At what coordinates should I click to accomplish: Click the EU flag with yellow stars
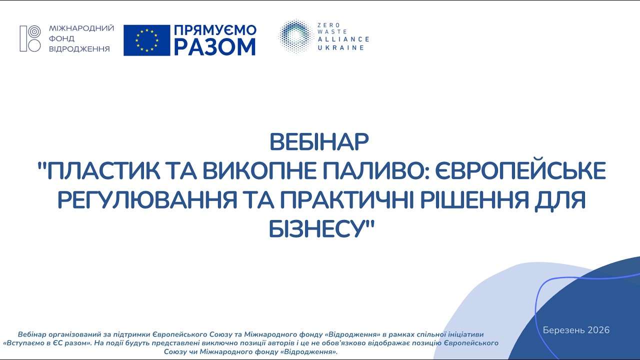point(147,40)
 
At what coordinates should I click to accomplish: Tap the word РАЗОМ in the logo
point(215,47)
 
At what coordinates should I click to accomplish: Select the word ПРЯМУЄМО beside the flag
point(215,30)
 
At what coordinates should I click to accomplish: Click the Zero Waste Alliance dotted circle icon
point(295,36)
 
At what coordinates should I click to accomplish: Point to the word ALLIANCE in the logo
point(343,39)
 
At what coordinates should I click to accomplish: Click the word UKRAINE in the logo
point(340,47)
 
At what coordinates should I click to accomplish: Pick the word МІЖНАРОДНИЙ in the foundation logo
point(81,28)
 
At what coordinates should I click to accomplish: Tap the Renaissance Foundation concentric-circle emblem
point(30,38)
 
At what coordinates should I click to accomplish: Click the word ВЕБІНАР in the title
point(319,142)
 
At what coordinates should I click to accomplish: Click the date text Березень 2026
point(576,330)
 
